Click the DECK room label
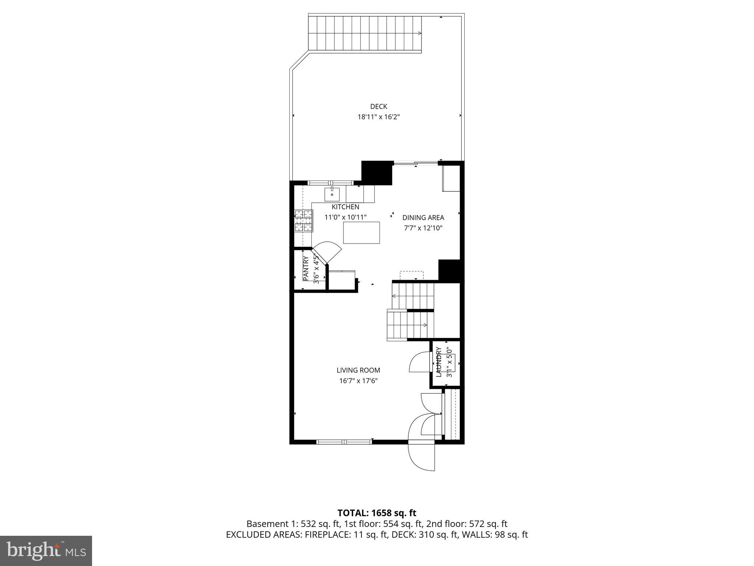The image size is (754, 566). click(x=378, y=106)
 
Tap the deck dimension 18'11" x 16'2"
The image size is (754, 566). click(x=378, y=117)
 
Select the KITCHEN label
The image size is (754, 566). click(x=345, y=207)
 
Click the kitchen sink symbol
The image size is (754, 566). click(x=332, y=194)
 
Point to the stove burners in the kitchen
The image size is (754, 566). click(x=304, y=221)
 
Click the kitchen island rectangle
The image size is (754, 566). click(x=362, y=233)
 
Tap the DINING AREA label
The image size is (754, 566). click(x=423, y=217)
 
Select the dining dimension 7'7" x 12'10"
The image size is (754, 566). click(x=423, y=228)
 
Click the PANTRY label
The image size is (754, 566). click(x=306, y=268)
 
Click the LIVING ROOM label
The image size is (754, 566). click(x=358, y=370)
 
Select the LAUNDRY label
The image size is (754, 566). click(x=438, y=362)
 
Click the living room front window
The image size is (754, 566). click(x=345, y=441)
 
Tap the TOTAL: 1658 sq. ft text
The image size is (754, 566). click(x=377, y=513)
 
